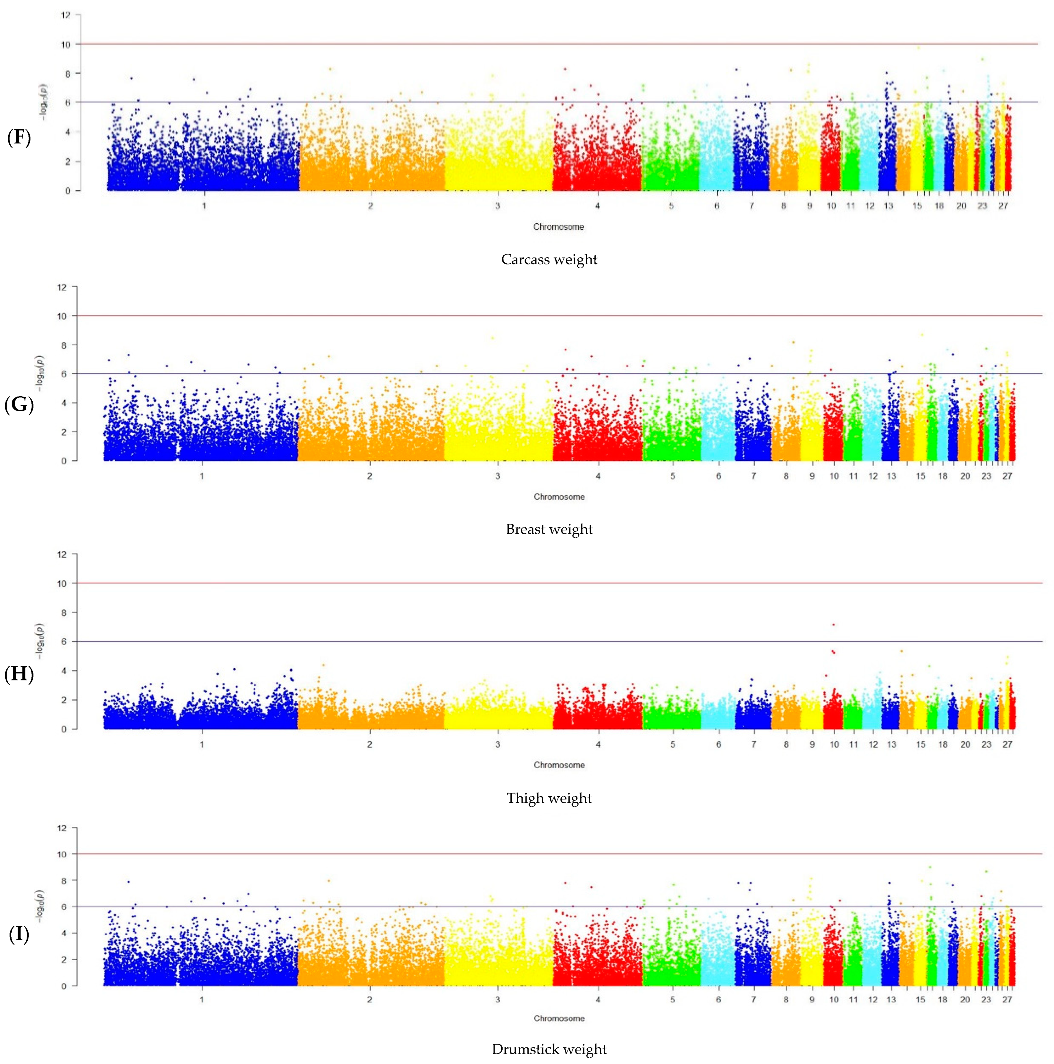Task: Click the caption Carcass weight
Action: click(549, 259)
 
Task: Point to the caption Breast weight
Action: click(549, 529)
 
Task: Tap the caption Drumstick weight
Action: click(549, 1049)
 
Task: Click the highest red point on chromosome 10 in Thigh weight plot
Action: click(833, 625)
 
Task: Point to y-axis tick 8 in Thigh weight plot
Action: click(63, 613)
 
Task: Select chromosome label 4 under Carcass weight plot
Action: click(597, 206)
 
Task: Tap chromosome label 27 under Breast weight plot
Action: click(1007, 476)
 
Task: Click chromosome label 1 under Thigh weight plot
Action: click(201, 744)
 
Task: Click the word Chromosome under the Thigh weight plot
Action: click(559, 765)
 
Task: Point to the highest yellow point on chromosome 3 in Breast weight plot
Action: click(492, 338)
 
